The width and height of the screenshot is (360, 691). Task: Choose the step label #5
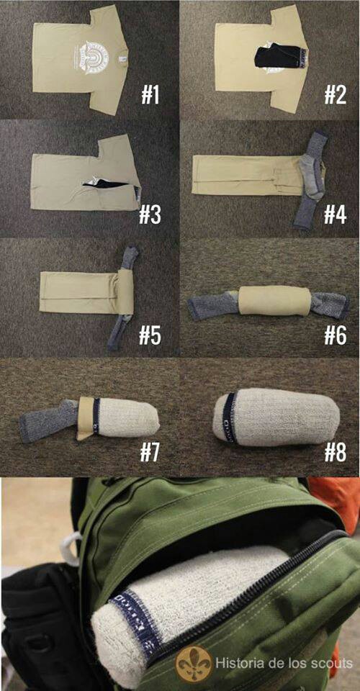(150, 335)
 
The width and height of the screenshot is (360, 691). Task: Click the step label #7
(150, 452)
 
